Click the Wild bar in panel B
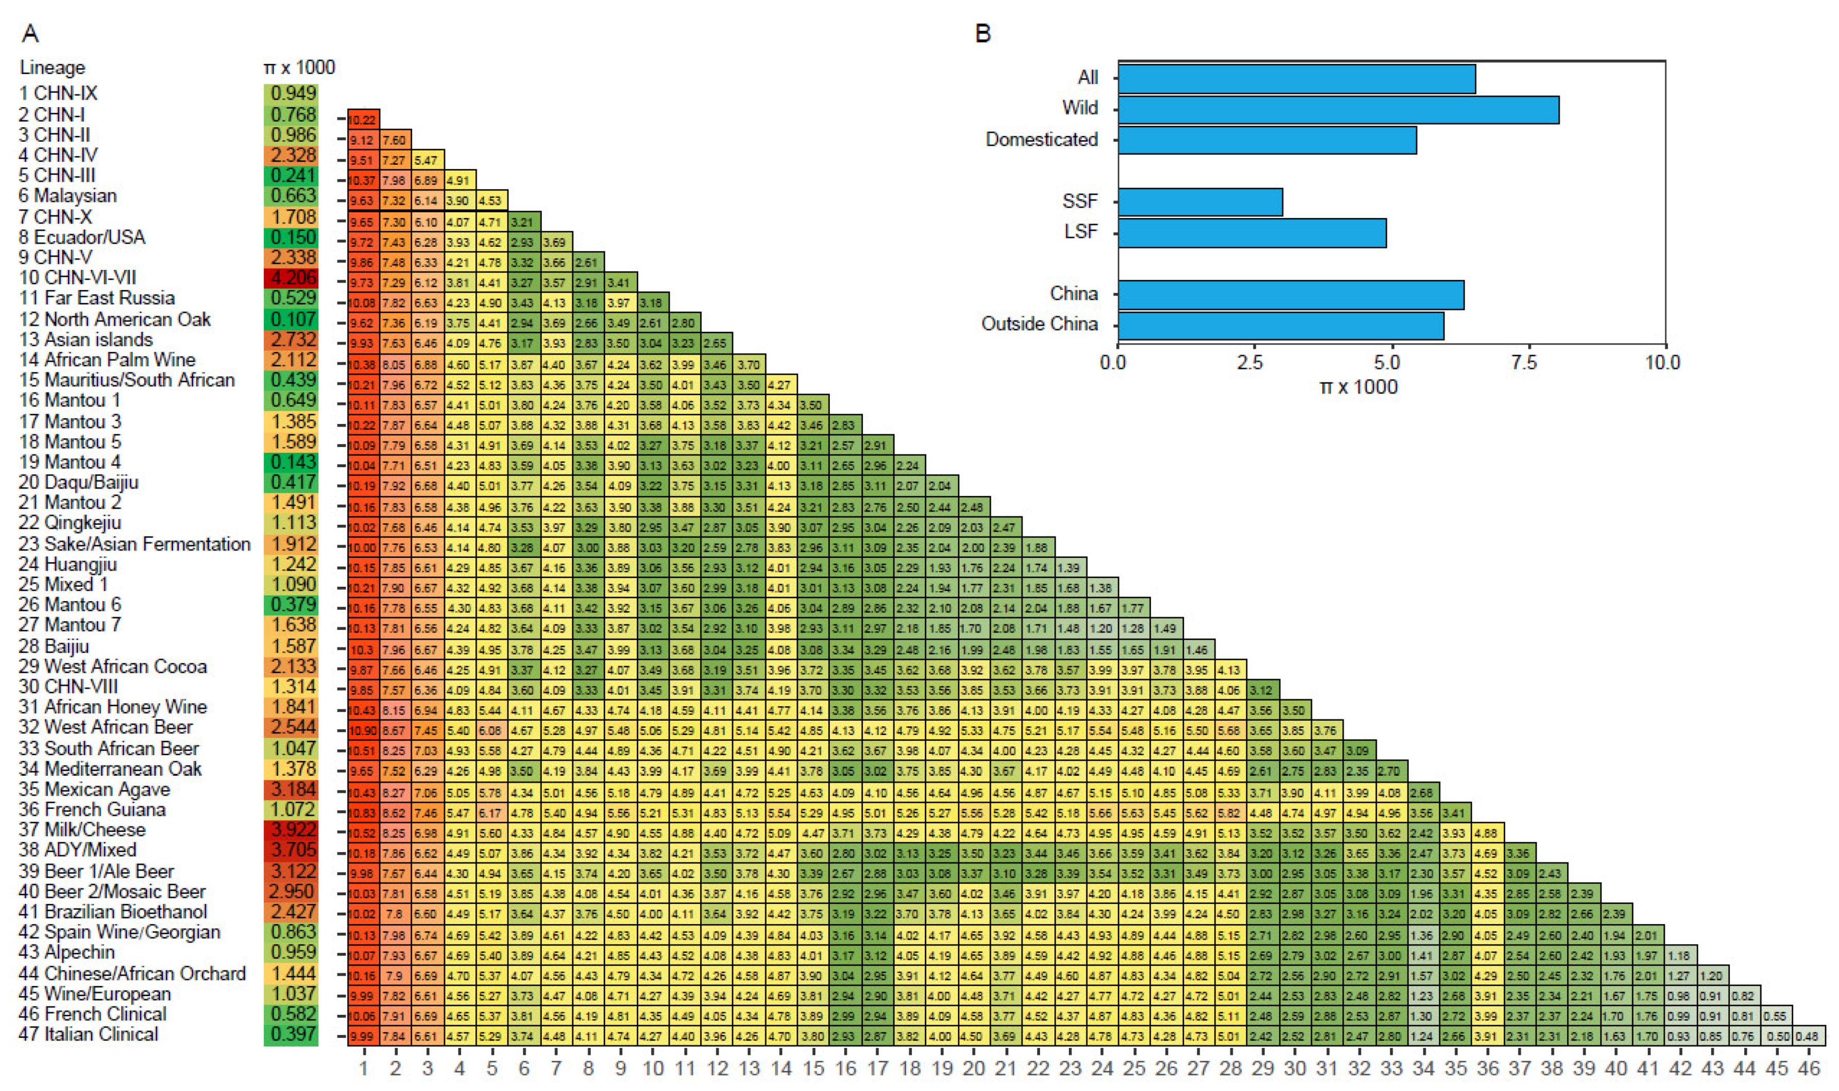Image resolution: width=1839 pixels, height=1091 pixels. pyautogui.click(x=1338, y=110)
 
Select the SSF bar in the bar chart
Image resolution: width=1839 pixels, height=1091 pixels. pyautogui.click(x=1200, y=202)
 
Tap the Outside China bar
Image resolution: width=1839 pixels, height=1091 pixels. pyautogui.click(x=1281, y=326)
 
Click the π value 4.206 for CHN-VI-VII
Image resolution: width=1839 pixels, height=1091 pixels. pyautogui.click(x=292, y=278)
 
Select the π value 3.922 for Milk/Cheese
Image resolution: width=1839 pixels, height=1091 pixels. pyautogui.click(x=292, y=830)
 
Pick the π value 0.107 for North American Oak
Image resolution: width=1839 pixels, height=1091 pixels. pyautogui.click(x=292, y=319)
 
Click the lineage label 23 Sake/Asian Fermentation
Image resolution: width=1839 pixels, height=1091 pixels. pyautogui.click(x=134, y=544)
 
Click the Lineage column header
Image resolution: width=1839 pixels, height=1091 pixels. pyautogui.click(x=52, y=67)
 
